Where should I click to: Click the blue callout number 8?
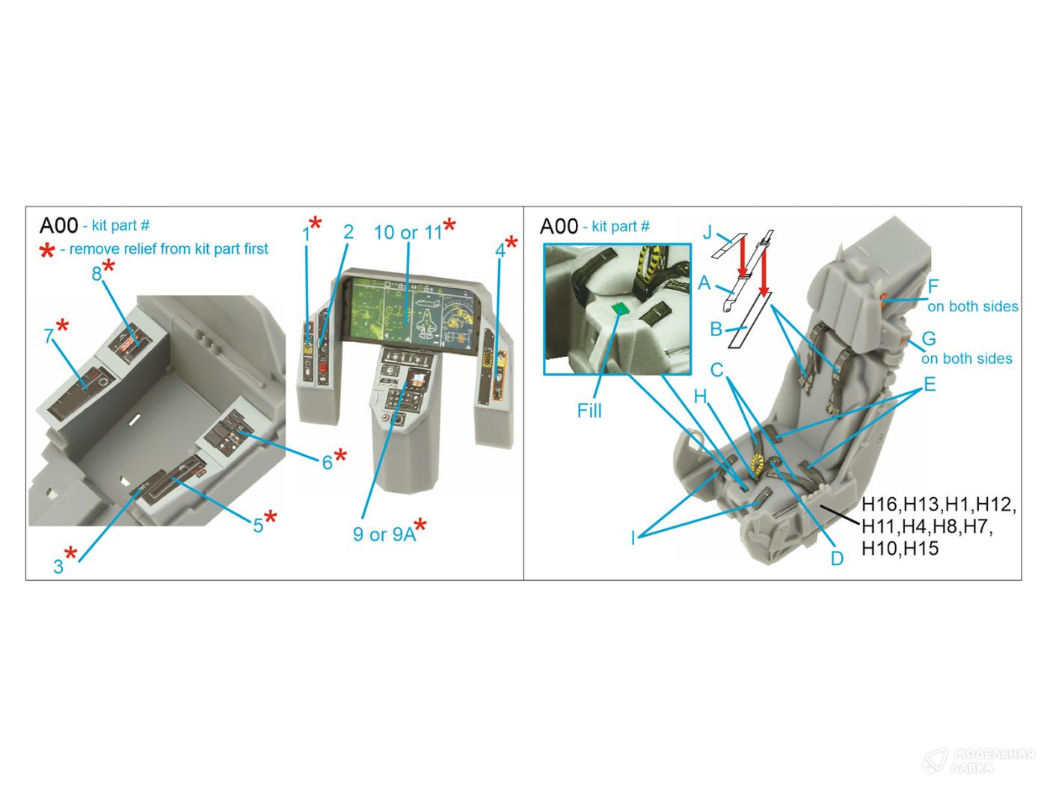tap(96, 273)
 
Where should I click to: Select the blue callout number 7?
tap(49, 336)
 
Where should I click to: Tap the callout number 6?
tap(328, 462)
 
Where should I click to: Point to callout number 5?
tap(258, 525)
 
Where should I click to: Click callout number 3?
tap(58, 567)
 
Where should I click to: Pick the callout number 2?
tap(349, 232)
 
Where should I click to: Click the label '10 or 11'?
tap(408, 232)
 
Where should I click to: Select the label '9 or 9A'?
tap(384, 534)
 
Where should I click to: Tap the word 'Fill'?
tap(589, 410)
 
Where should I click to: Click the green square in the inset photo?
tap(620, 308)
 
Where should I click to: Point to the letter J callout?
tap(707, 232)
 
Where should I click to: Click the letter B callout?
tap(716, 329)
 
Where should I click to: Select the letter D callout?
tap(837, 558)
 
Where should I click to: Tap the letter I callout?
tap(633, 538)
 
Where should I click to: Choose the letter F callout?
tap(933, 287)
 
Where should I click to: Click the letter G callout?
tap(929, 338)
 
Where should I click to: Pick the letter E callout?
tap(930, 384)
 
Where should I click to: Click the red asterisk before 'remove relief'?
tap(47, 250)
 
